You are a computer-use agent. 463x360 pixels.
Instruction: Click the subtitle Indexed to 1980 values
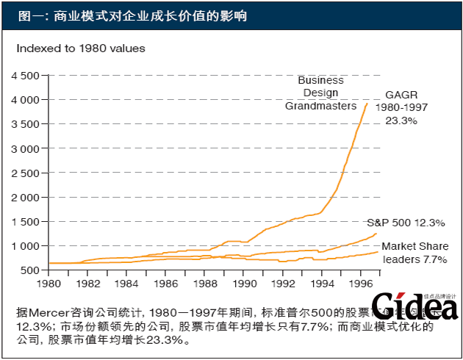click(x=81, y=48)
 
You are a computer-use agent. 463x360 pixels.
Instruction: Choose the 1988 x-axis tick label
click(x=205, y=283)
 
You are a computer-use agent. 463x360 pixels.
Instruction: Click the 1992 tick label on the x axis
click(x=283, y=283)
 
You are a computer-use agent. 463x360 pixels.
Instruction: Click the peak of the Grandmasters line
click(x=367, y=104)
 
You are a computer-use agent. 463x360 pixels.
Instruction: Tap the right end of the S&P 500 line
click(x=377, y=234)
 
